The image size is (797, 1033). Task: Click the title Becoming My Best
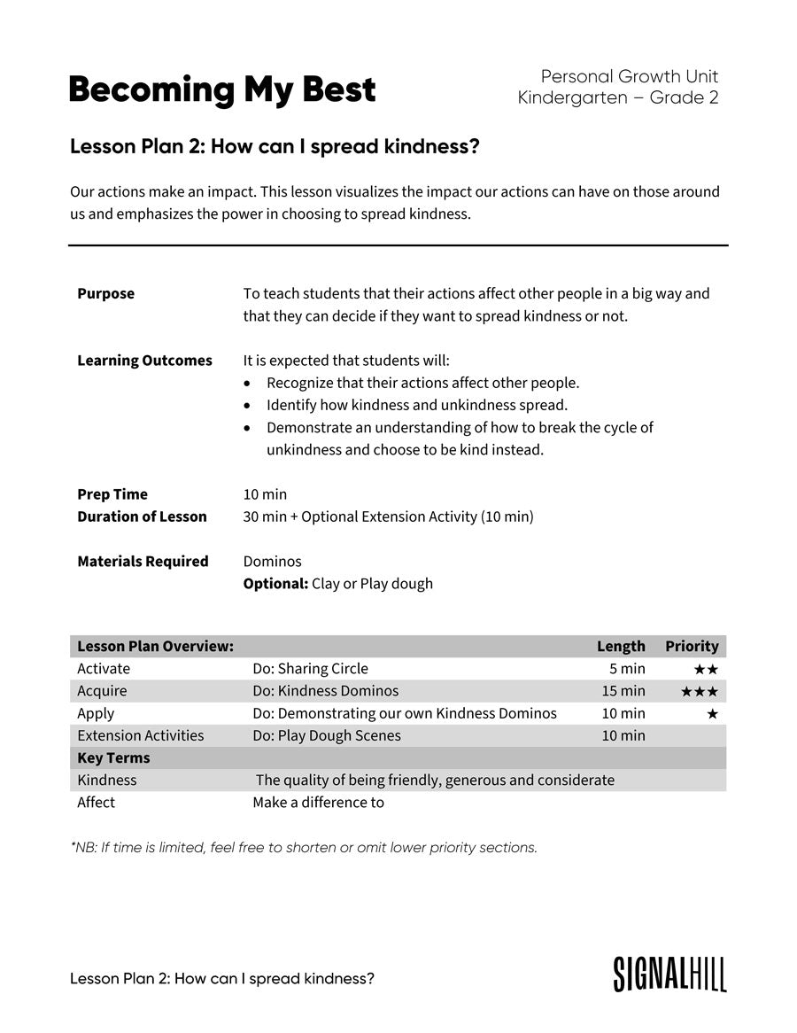[x=222, y=90]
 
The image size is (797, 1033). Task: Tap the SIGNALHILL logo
[x=669, y=974]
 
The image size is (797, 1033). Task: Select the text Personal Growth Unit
[x=629, y=76]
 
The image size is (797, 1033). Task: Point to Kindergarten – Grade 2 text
[x=617, y=97]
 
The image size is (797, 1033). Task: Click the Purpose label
[x=105, y=293]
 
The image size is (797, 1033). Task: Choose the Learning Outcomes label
[x=144, y=361]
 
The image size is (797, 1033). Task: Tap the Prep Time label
[x=112, y=494]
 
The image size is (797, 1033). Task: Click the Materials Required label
[x=143, y=562]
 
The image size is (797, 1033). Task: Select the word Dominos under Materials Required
[x=272, y=562]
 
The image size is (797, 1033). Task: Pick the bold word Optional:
[x=275, y=584]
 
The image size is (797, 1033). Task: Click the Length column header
[x=621, y=646]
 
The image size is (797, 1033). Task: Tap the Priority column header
[x=692, y=646]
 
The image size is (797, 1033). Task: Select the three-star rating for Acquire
[x=700, y=691]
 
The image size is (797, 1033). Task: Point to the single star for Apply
[x=712, y=713]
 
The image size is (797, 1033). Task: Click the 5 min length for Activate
[x=627, y=669]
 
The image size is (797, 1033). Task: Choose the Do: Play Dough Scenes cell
[x=326, y=735]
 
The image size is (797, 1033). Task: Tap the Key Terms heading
[x=113, y=758]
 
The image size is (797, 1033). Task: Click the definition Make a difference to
[x=318, y=803]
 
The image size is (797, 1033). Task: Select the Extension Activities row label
[x=140, y=735]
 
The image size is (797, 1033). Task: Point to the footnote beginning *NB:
[x=304, y=848]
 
